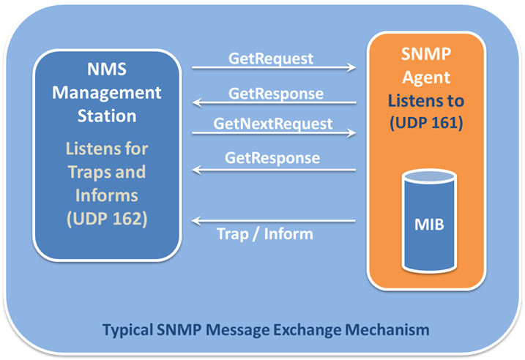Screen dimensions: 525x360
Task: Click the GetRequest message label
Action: [x=271, y=59]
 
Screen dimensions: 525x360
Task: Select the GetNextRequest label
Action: [x=273, y=124]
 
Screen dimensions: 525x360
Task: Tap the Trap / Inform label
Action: [x=265, y=233]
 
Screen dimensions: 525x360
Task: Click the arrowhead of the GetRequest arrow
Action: [x=352, y=67]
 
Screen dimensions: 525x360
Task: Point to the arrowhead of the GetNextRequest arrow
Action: [x=352, y=133]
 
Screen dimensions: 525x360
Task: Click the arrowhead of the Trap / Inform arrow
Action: [x=196, y=221]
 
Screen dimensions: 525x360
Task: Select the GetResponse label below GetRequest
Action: [x=276, y=94]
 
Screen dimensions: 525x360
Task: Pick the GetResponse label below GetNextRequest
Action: [x=272, y=158]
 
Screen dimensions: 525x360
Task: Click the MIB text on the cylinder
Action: [x=429, y=225]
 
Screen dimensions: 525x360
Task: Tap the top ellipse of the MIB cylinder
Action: [x=430, y=176]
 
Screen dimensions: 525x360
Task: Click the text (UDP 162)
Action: [x=107, y=219]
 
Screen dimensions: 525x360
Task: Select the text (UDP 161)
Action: [x=426, y=122]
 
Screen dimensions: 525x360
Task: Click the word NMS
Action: [x=107, y=70]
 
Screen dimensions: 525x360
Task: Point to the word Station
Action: [x=107, y=116]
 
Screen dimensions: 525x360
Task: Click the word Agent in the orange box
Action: [x=426, y=78]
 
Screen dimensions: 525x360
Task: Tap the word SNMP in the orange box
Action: [x=426, y=54]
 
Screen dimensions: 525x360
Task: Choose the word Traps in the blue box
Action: [x=89, y=172]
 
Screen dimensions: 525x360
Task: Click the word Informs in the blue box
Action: [x=106, y=195]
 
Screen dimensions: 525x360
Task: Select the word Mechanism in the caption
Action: [x=387, y=329]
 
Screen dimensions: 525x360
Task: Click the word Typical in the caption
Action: [x=127, y=330]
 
